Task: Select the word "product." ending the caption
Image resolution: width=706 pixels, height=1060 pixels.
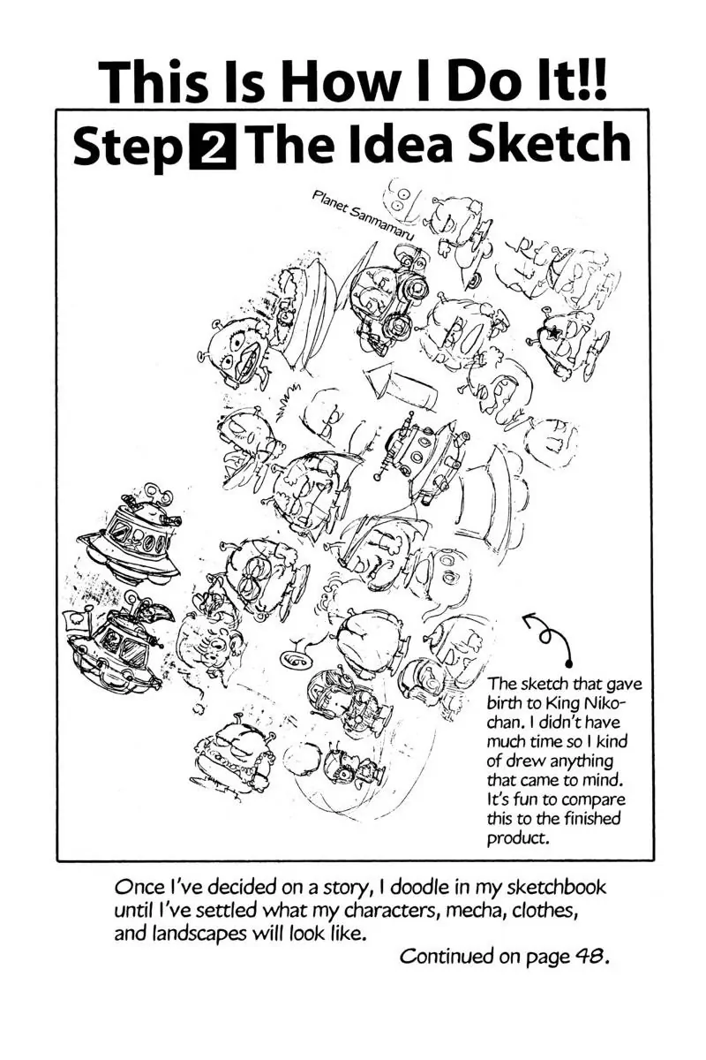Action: click(x=519, y=838)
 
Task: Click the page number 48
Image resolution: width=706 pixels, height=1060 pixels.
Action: click(x=586, y=957)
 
